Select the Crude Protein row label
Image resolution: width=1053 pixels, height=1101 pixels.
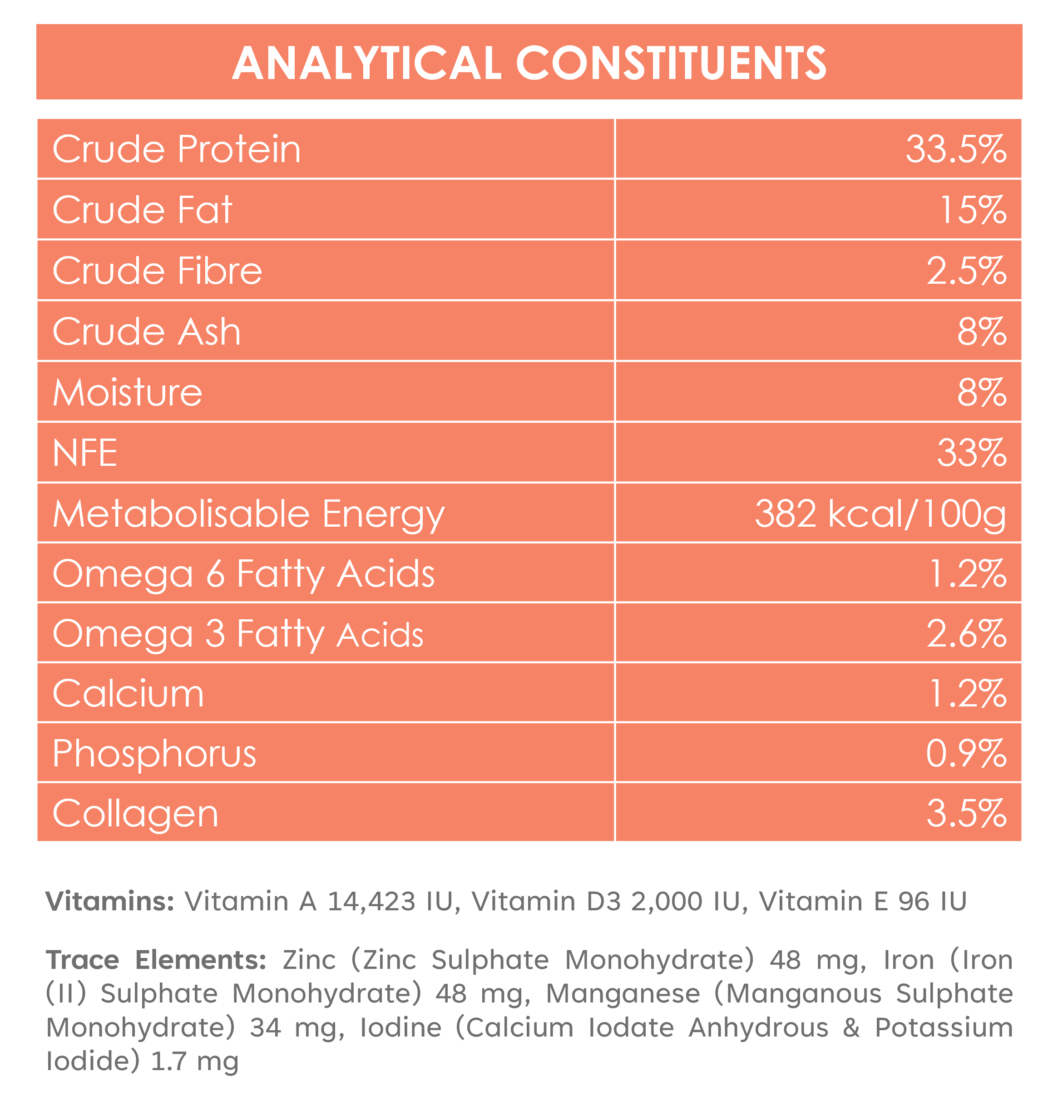(x=177, y=149)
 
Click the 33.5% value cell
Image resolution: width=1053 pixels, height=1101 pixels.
(x=956, y=150)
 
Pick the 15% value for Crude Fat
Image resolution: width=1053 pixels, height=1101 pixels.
(x=973, y=210)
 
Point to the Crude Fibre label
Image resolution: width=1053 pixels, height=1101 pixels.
(x=157, y=271)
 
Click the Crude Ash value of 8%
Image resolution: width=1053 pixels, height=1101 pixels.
(x=982, y=331)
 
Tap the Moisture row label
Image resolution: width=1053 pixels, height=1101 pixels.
(x=128, y=392)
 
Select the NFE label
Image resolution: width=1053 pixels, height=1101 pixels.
(x=85, y=453)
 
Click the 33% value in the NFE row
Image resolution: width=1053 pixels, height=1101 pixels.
(x=972, y=453)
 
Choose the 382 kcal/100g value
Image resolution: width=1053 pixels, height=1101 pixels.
(x=880, y=513)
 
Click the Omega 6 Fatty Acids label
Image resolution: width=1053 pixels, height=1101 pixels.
(x=243, y=574)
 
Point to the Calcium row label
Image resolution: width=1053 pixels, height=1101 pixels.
(x=128, y=694)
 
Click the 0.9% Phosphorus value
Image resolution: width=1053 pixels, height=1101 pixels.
(x=966, y=754)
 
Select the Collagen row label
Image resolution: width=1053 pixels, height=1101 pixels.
(x=135, y=814)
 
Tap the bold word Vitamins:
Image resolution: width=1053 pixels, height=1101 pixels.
(x=110, y=902)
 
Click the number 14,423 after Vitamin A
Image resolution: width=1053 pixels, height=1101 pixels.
(x=370, y=902)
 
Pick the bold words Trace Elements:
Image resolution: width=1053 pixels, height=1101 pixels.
(x=156, y=960)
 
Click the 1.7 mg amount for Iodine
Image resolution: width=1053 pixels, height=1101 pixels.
(x=195, y=1062)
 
